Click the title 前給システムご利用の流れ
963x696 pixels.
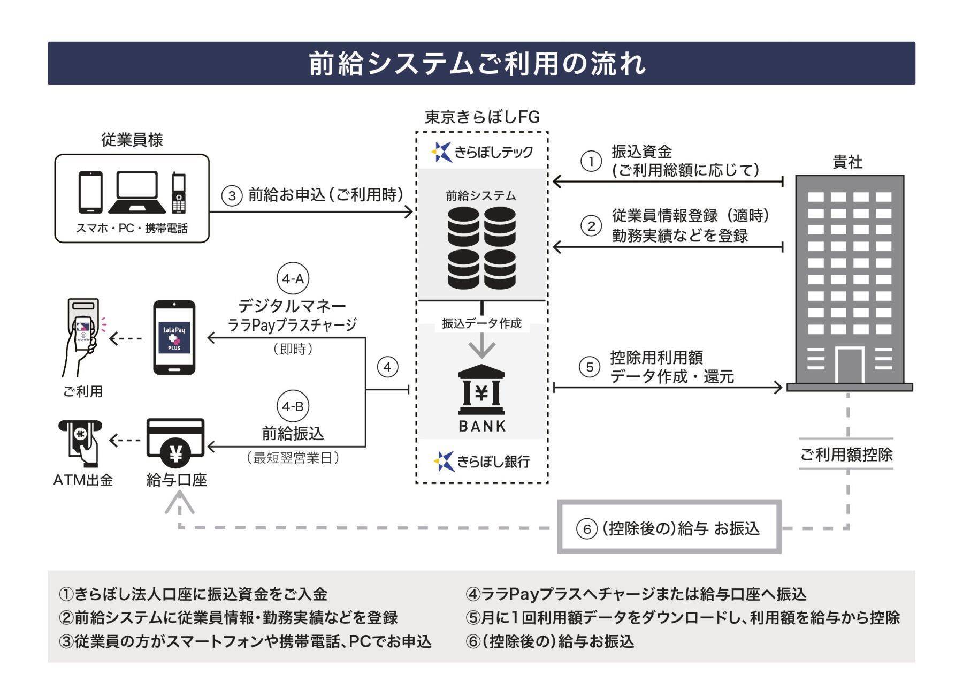click(478, 64)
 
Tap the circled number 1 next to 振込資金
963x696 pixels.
click(591, 161)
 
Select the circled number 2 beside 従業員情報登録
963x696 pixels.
click(591, 226)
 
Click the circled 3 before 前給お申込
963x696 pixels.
click(232, 195)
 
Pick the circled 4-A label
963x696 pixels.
click(293, 278)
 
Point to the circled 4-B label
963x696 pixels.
click(293, 406)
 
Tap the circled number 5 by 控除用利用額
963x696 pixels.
click(590, 367)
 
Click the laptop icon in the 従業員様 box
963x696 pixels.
click(137, 193)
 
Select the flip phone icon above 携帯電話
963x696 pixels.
click(179, 193)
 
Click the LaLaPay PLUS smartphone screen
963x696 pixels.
click(174, 337)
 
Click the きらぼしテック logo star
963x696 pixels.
click(441, 152)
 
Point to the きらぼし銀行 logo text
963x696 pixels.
click(493, 461)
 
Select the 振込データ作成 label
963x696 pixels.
click(481, 323)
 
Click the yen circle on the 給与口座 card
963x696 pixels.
click(175, 454)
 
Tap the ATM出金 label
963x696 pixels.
click(83, 480)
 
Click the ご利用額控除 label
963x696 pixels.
click(846, 455)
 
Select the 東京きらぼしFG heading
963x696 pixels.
click(482, 117)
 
